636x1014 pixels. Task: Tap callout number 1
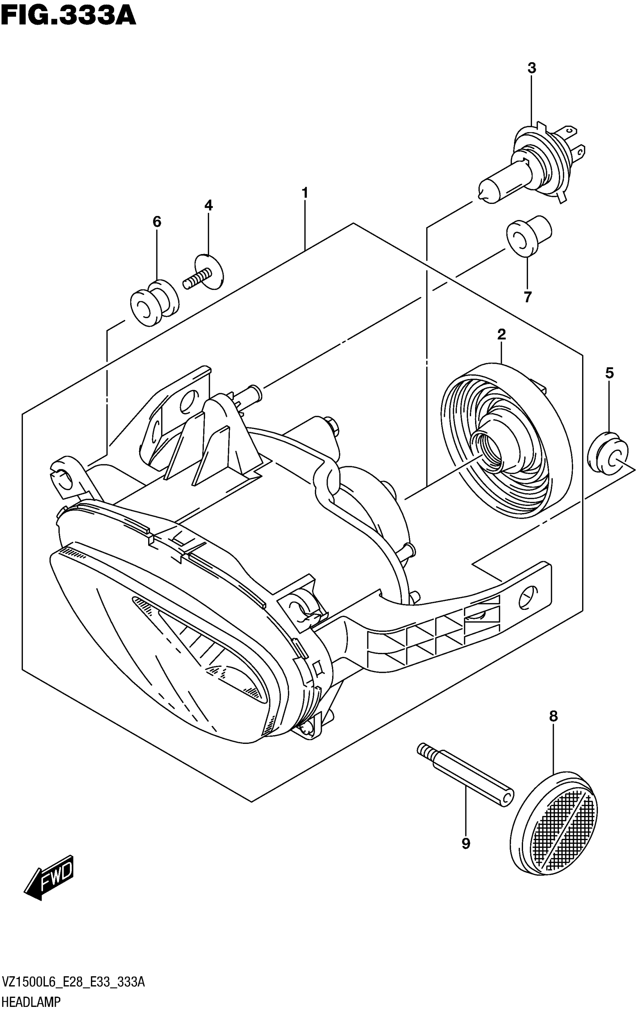click(x=305, y=193)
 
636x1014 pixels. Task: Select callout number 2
click(x=501, y=335)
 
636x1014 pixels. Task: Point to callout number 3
click(x=532, y=68)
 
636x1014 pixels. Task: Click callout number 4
click(x=209, y=206)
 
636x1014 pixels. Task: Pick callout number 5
click(x=609, y=373)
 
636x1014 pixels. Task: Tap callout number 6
click(x=156, y=222)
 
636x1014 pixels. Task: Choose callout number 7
click(x=528, y=297)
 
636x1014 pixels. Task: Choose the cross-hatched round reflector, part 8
click(x=554, y=820)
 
